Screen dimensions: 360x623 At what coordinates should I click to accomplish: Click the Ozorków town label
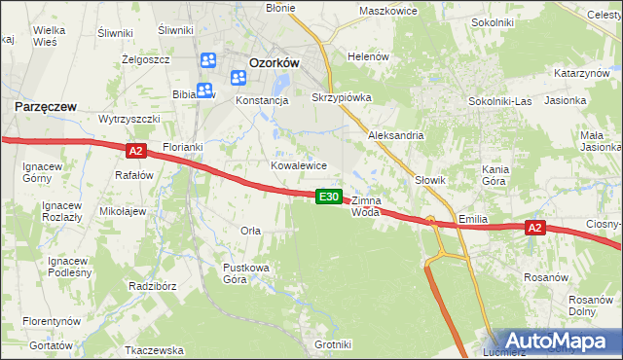(x=274, y=60)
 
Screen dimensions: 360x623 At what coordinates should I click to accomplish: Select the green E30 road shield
(x=329, y=197)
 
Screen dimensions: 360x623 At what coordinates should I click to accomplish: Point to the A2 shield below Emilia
(x=533, y=228)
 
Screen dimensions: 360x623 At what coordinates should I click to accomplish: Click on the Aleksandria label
(x=395, y=136)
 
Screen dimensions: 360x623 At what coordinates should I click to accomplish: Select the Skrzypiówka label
(x=341, y=97)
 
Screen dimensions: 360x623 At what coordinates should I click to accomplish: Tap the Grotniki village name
(x=333, y=344)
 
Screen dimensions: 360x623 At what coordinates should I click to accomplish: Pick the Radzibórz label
(x=151, y=287)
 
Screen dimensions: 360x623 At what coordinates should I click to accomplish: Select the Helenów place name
(x=369, y=56)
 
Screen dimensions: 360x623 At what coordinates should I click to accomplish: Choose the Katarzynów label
(x=581, y=74)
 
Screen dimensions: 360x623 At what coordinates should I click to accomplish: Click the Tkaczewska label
(x=155, y=349)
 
